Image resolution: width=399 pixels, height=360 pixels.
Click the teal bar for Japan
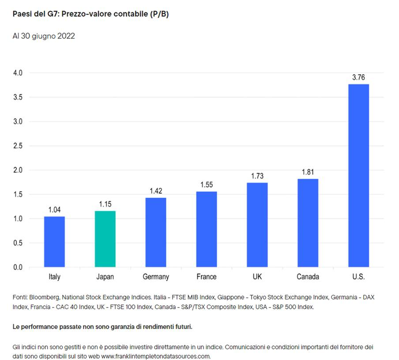click(x=105, y=239)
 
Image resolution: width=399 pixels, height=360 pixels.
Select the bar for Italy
click(x=54, y=241)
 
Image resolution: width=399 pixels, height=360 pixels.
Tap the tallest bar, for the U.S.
click(x=358, y=175)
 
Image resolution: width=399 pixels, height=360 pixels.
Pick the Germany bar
click(x=156, y=232)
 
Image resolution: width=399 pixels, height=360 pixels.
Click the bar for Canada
click(x=308, y=223)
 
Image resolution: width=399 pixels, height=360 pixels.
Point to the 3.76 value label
click(x=358, y=78)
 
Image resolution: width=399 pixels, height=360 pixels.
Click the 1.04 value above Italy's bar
click(x=54, y=210)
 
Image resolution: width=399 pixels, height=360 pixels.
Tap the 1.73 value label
click(x=257, y=176)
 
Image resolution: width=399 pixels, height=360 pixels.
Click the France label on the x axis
click(x=207, y=277)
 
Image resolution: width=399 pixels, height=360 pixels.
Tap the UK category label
click(x=257, y=277)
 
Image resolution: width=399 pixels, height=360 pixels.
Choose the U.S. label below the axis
click(x=358, y=277)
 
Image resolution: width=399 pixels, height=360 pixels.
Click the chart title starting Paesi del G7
click(x=91, y=14)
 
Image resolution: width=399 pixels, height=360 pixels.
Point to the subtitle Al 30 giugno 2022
click(x=44, y=36)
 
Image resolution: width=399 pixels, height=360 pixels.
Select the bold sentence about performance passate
click(x=102, y=327)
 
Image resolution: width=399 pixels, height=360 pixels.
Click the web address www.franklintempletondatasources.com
click(x=156, y=356)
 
